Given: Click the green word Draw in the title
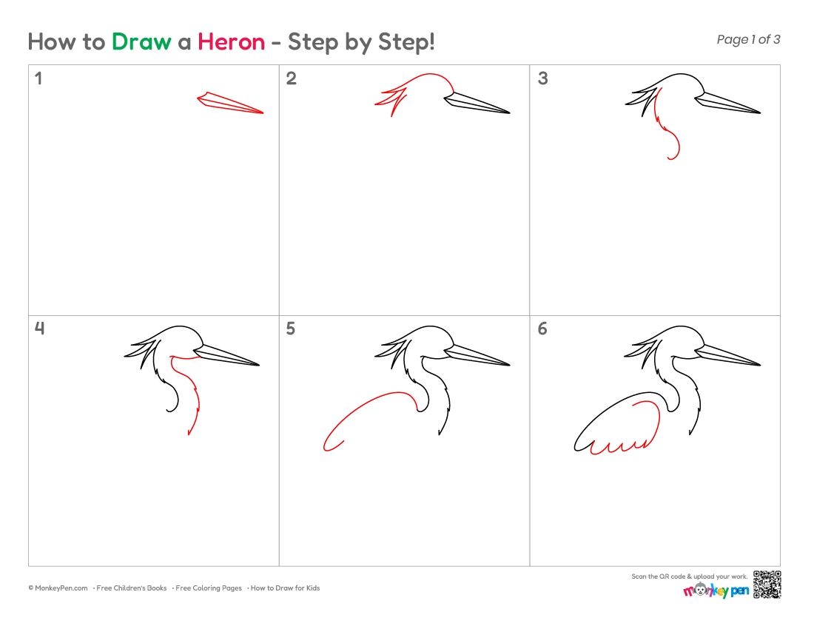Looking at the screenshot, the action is tap(141, 42).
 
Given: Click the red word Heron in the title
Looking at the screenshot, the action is tap(232, 42).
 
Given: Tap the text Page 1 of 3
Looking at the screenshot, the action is tap(748, 39).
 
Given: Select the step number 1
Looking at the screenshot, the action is tap(38, 78).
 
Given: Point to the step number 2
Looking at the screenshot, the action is tap(292, 78).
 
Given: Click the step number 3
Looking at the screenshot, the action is tap(543, 78).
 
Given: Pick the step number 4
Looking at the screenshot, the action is tap(39, 329).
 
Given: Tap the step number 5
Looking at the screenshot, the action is tap(291, 329).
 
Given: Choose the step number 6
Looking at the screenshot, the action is tap(542, 329).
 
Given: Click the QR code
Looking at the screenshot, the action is tap(767, 585).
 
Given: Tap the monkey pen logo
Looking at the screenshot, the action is tap(716, 590).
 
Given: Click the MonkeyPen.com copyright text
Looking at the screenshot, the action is tap(58, 588).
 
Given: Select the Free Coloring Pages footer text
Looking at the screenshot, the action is tap(209, 588).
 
